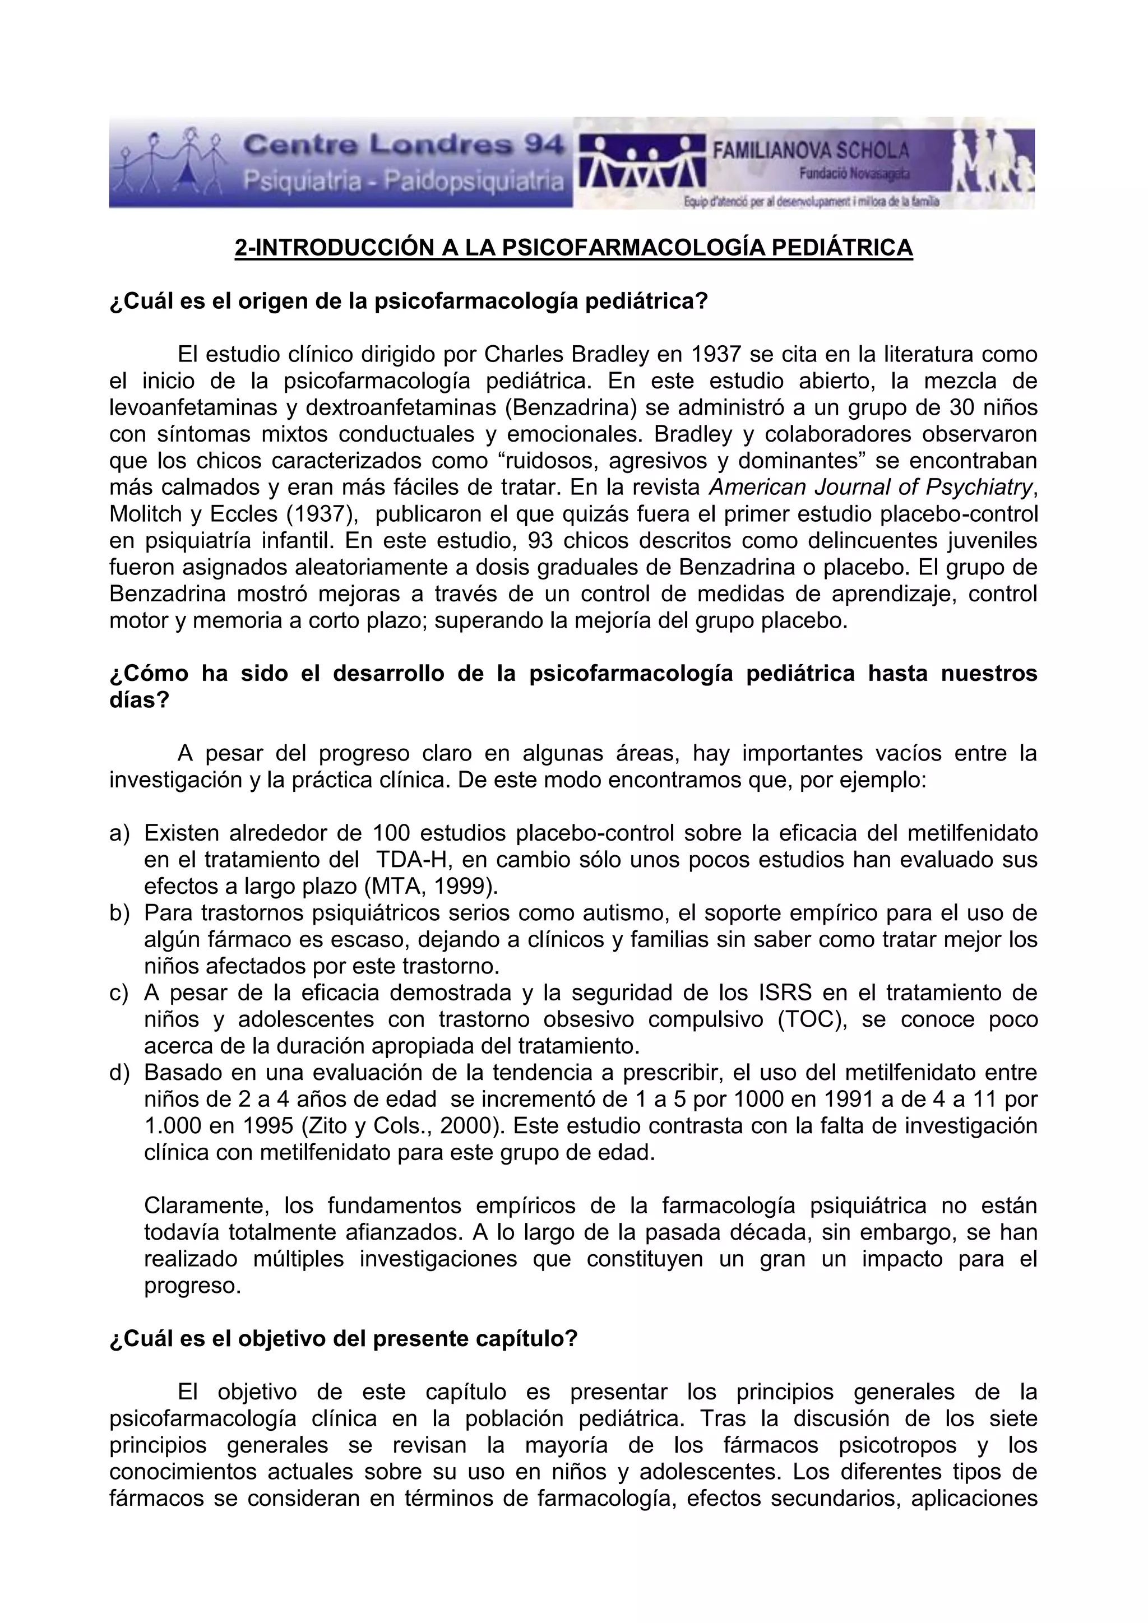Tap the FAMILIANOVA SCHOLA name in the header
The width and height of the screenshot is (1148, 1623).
[810, 150]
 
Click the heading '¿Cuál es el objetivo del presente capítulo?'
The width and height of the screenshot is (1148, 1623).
[344, 1339]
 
